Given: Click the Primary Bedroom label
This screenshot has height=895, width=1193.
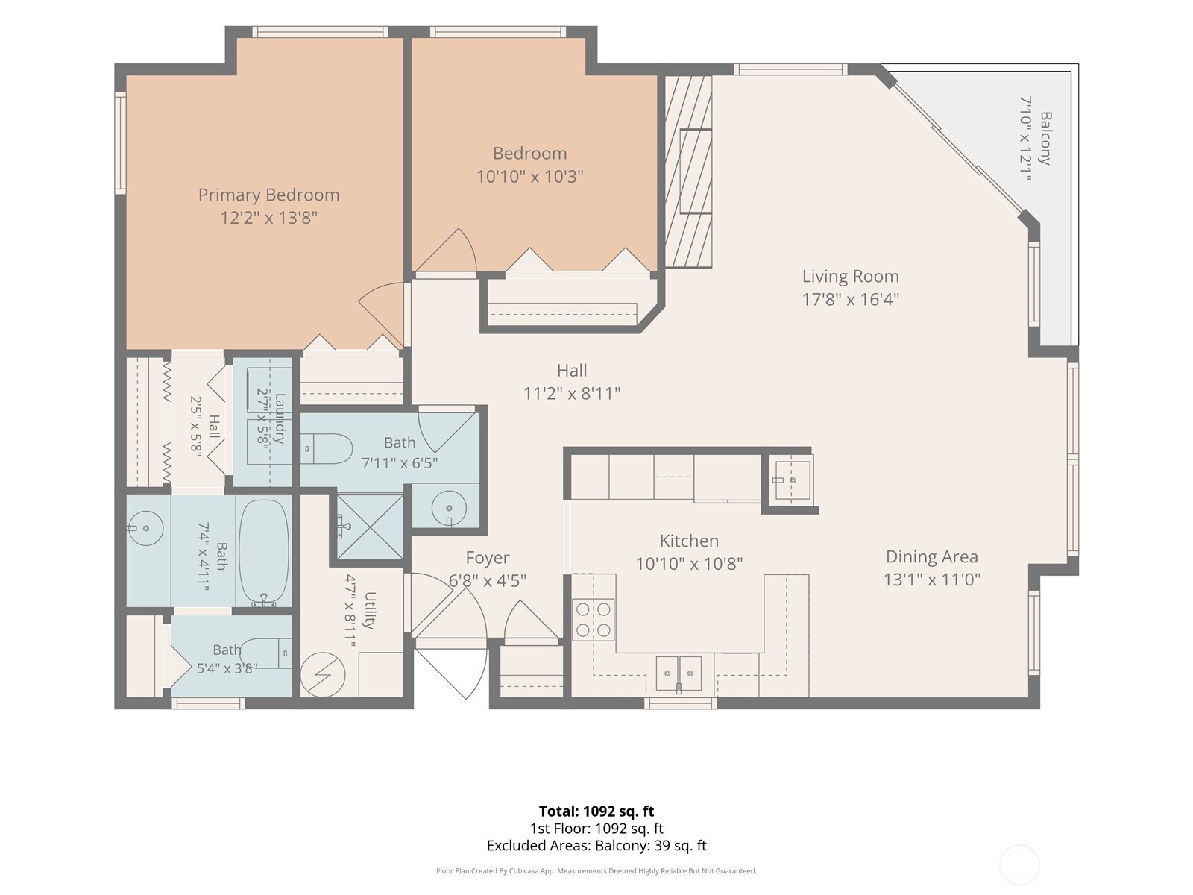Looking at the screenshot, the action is coord(268,195).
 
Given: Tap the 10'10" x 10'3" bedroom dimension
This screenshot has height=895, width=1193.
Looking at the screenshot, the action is coord(530,177).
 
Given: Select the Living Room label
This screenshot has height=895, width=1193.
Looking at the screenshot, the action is coord(851,276).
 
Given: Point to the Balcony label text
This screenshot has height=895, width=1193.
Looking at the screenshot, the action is coord(1045,138).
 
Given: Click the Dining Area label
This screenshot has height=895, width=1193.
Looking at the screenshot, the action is coord(931,556).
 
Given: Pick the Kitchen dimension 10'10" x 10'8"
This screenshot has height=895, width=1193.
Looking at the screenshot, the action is coord(689,564).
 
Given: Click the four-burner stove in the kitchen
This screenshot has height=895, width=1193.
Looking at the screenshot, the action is coord(593,620).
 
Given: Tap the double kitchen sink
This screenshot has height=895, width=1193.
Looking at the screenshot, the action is coord(679,673).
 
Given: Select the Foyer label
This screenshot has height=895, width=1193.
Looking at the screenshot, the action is coord(488,558).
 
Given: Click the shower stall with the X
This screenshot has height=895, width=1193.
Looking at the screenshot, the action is coord(370,526).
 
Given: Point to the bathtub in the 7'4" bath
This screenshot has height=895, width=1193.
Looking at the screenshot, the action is coord(264,552).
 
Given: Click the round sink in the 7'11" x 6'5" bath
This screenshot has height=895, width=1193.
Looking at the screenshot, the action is coord(449,509).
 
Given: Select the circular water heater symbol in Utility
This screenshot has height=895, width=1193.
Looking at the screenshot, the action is coord(323,674).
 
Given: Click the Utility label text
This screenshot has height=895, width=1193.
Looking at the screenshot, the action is coord(370,610).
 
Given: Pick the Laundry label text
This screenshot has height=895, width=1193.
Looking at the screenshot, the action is coord(280,418).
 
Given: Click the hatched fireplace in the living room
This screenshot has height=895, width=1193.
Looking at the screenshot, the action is coord(689,172).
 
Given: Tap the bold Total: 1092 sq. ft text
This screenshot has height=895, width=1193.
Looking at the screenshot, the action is coord(596,811).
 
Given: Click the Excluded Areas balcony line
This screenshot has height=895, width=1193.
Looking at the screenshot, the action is coord(596,846).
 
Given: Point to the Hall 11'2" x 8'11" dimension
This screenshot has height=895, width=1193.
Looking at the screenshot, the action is coord(572,393).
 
